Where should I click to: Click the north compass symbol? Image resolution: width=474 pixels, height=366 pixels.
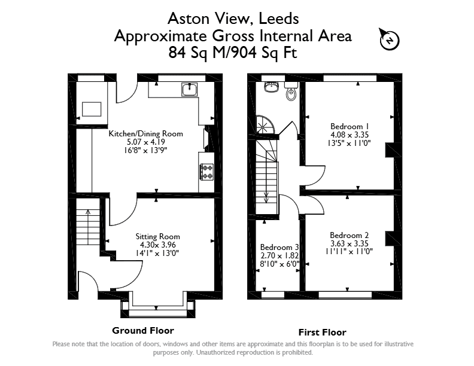click(390, 39)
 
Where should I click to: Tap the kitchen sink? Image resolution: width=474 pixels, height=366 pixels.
click(190, 89)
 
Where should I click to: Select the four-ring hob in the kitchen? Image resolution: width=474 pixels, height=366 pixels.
click(206, 172)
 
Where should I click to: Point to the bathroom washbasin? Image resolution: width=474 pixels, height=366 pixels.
click(271, 87)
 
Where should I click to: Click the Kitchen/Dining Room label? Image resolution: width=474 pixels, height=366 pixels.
click(145, 133)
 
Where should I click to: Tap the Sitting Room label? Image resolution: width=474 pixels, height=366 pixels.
click(157, 236)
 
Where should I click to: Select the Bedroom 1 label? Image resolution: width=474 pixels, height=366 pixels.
click(350, 126)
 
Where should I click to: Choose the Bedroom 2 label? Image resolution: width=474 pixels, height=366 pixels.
click(349, 235)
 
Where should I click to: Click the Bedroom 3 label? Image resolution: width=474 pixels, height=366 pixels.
click(279, 248)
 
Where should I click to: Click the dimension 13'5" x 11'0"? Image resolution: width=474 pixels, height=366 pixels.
click(349, 143)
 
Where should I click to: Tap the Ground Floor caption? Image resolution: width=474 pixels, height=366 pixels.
click(143, 330)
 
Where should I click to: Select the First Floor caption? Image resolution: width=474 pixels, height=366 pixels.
click(322, 333)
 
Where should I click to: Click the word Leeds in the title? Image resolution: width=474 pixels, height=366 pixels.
click(279, 19)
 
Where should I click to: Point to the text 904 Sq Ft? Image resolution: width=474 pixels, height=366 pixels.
click(262, 52)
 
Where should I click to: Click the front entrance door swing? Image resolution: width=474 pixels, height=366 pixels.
click(88, 279)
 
